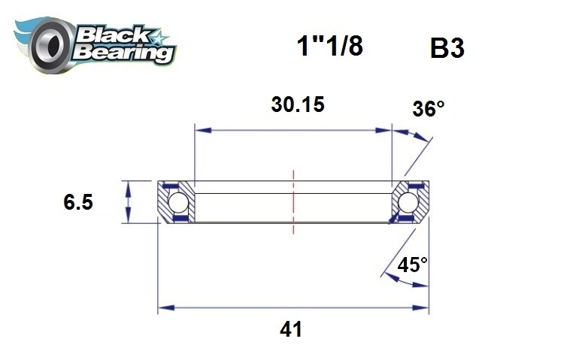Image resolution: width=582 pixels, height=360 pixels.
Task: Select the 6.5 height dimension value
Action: pyautogui.click(x=78, y=202)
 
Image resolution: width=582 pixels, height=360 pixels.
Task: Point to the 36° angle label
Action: pyautogui.click(x=428, y=109)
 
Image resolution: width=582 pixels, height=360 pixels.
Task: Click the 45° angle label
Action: pyautogui.click(x=413, y=265)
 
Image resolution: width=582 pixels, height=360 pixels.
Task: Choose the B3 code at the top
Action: pyautogui.click(x=447, y=48)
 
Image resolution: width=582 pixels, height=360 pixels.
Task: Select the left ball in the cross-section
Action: pyautogui.click(x=178, y=202)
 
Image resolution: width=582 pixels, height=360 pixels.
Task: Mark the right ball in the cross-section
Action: pyautogui.click(x=408, y=202)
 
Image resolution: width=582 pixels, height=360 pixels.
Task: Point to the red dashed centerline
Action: pyautogui.click(x=293, y=202)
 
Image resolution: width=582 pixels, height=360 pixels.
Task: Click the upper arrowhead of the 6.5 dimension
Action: pyautogui.click(x=129, y=186)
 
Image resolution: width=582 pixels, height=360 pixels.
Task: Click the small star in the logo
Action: pyautogui.click(x=160, y=36)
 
